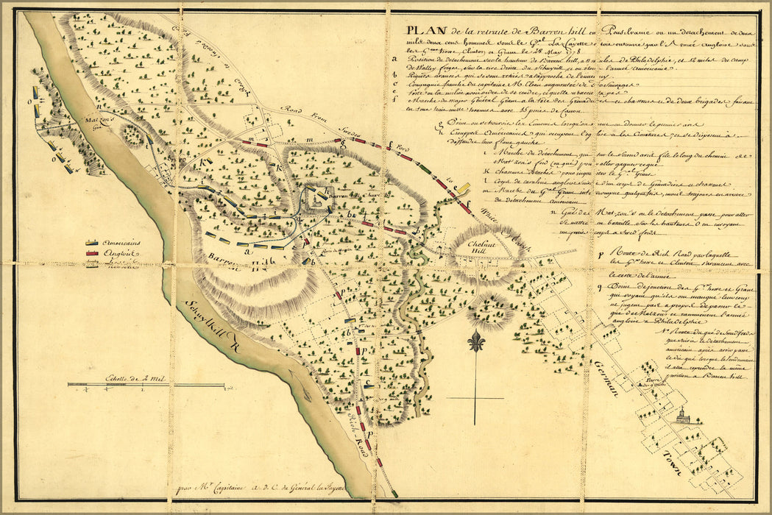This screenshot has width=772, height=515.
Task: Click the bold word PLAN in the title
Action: (x=421, y=30)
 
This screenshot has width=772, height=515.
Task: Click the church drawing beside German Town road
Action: (x=683, y=417)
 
